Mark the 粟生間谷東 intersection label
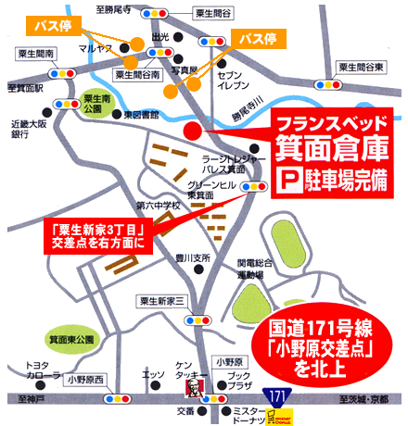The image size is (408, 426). [362, 68]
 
